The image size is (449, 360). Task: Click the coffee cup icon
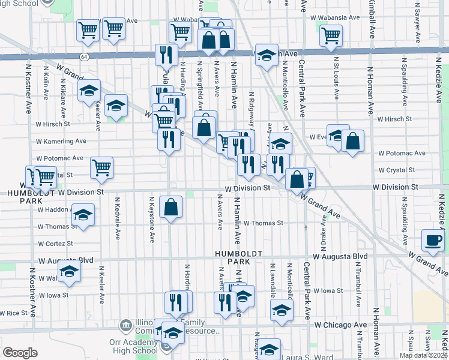pyautogui.click(x=433, y=239)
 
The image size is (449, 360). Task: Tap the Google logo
pyautogui.click(x=20, y=352)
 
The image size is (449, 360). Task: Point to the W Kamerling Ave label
pyautogui.click(x=61, y=142)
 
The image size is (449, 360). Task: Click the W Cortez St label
pyautogui.click(x=55, y=244)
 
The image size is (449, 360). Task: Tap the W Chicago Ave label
pyautogui.click(x=340, y=325)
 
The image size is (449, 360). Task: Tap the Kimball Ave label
pyautogui.click(x=370, y=18)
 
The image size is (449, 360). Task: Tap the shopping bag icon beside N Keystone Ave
pyautogui.click(x=171, y=207)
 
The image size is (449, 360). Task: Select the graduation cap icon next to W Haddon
pyautogui.click(x=83, y=214)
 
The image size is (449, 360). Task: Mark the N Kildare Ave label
pyautogui.click(x=62, y=96)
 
